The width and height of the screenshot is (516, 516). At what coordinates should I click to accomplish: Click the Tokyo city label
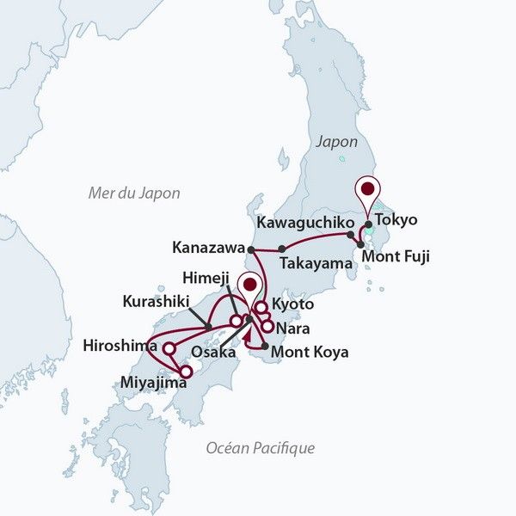(x=396, y=219)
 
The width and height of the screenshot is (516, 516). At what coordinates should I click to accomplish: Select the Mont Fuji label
(x=395, y=255)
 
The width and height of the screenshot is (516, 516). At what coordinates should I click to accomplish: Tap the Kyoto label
(x=292, y=305)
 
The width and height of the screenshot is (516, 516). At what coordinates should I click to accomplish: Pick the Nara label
(x=294, y=328)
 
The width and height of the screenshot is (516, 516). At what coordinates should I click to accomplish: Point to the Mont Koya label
(x=310, y=351)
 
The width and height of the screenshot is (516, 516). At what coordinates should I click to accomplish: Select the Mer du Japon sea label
(x=134, y=193)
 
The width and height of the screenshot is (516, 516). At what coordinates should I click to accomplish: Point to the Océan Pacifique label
(x=261, y=448)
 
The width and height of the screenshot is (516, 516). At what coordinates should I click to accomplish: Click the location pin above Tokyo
(x=369, y=190)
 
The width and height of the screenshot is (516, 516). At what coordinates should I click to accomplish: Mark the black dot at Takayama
(x=282, y=249)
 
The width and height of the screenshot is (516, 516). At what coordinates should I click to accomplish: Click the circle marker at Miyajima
(x=187, y=372)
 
